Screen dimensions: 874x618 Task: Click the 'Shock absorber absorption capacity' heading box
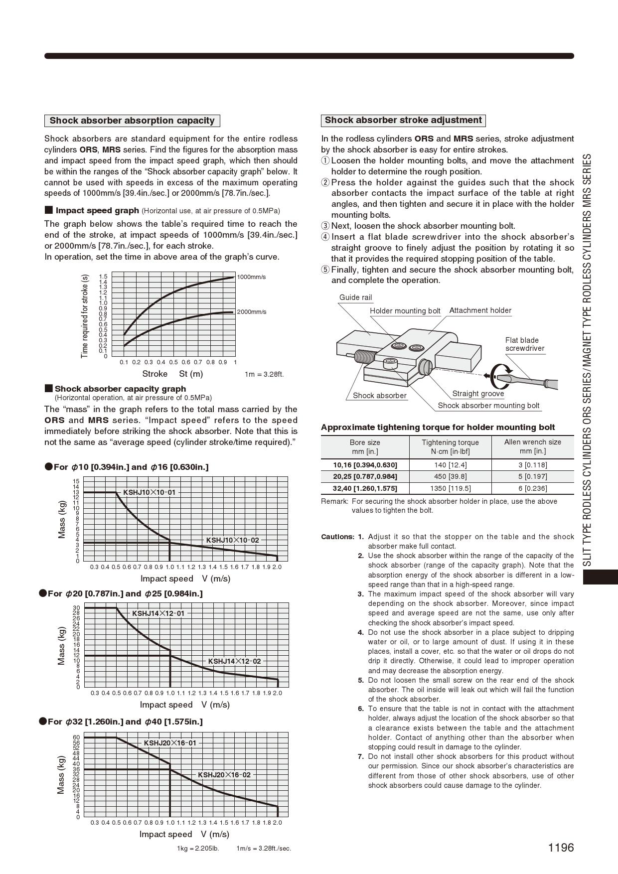pos(132,121)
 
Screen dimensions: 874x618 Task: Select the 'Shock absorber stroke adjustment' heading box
pos(403,120)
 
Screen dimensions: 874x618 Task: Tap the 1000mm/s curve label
pos(251,277)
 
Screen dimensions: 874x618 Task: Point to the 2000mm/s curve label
pos(251,312)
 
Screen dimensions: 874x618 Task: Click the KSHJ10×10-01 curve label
pos(150,492)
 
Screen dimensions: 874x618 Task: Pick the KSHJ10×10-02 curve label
pos(232,540)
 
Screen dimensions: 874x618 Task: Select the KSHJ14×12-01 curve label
pos(158,613)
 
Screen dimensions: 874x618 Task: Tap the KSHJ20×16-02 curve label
pos(224,775)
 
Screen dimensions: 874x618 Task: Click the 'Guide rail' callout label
pos(355,297)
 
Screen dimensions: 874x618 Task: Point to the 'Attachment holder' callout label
pos(480,310)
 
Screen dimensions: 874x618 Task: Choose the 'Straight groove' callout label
pos(478,394)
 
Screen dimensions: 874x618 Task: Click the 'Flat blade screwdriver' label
pos(524,344)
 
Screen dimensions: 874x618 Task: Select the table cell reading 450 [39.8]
pos(450,476)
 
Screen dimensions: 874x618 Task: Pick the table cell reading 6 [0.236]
pos(532,488)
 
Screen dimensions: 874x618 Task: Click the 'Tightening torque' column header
pos(450,447)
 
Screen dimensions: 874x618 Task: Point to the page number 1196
pos(561,848)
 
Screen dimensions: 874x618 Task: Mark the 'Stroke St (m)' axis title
pos(172,374)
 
